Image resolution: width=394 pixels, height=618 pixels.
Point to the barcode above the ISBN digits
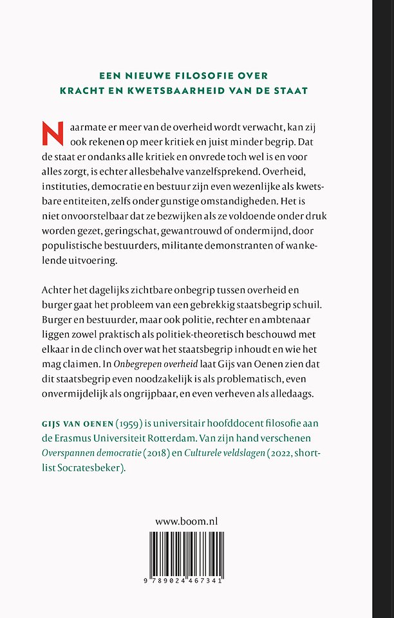coord(187,552)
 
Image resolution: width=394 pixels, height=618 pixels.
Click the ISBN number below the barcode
coord(187,581)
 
